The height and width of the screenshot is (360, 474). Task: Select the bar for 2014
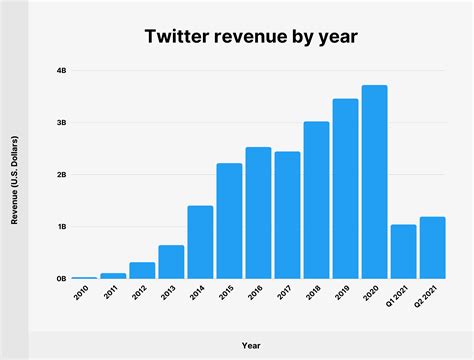click(x=200, y=242)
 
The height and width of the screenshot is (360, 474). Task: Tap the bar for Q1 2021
click(x=403, y=252)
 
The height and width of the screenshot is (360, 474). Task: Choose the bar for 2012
click(x=142, y=270)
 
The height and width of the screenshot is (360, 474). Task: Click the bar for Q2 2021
click(x=432, y=248)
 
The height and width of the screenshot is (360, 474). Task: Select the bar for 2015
click(x=229, y=221)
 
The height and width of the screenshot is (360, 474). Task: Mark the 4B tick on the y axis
click(x=61, y=71)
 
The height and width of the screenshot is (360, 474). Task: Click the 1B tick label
click(x=61, y=227)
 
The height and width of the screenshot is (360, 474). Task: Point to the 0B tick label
click(x=61, y=279)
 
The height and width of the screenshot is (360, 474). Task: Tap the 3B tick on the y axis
click(x=61, y=123)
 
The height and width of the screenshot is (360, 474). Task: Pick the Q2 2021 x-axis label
click(x=431, y=300)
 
